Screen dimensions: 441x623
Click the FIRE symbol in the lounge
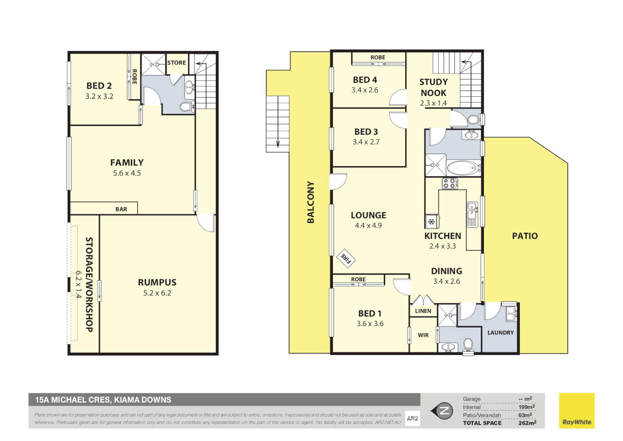pyautogui.click(x=346, y=258)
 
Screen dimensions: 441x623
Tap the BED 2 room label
pyautogui.click(x=99, y=86)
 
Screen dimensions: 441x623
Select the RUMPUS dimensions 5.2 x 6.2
pyautogui.click(x=157, y=293)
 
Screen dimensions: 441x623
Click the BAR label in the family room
pyautogui.click(x=121, y=209)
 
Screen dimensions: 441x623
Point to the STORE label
pyautogui.click(x=177, y=62)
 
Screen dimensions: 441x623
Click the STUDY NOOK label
pyautogui.click(x=433, y=87)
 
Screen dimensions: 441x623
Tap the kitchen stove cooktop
pyautogui.click(x=450, y=183)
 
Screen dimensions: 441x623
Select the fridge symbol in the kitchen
pyautogui.click(x=431, y=222)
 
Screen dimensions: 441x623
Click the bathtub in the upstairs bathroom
pyautogui.click(x=463, y=168)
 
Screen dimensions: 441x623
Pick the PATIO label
pyautogui.click(x=525, y=236)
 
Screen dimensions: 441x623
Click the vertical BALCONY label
pyautogui.click(x=311, y=202)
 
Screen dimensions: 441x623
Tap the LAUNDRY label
pyautogui.click(x=501, y=333)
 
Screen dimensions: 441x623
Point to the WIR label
pyautogui.click(x=423, y=335)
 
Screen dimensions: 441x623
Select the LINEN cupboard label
pyautogui.click(x=423, y=311)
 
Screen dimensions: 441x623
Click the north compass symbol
pyautogui.click(x=443, y=411)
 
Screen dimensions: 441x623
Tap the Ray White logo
pyautogui.click(x=576, y=411)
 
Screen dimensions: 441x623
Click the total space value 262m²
pyautogui.click(x=527, y=423)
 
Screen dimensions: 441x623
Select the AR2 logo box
pyautogui.click(x=412, y=419)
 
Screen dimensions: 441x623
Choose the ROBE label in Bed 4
pyautogui.click(x=378, y=58)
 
